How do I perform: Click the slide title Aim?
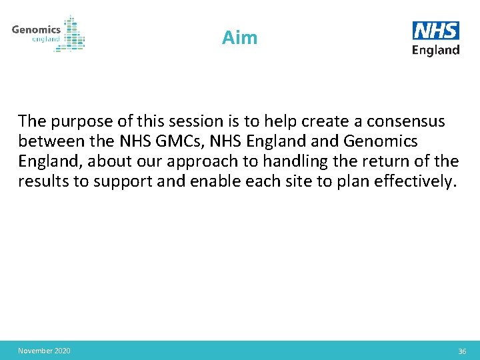pos(239,38)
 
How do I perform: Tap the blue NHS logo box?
pos(436,31)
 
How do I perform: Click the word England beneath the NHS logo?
pos(436,50)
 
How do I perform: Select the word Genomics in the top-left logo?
pos(36,29)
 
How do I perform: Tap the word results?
pos(43,181)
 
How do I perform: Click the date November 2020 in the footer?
pos(44,351)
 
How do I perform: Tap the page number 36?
pos(461,351)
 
